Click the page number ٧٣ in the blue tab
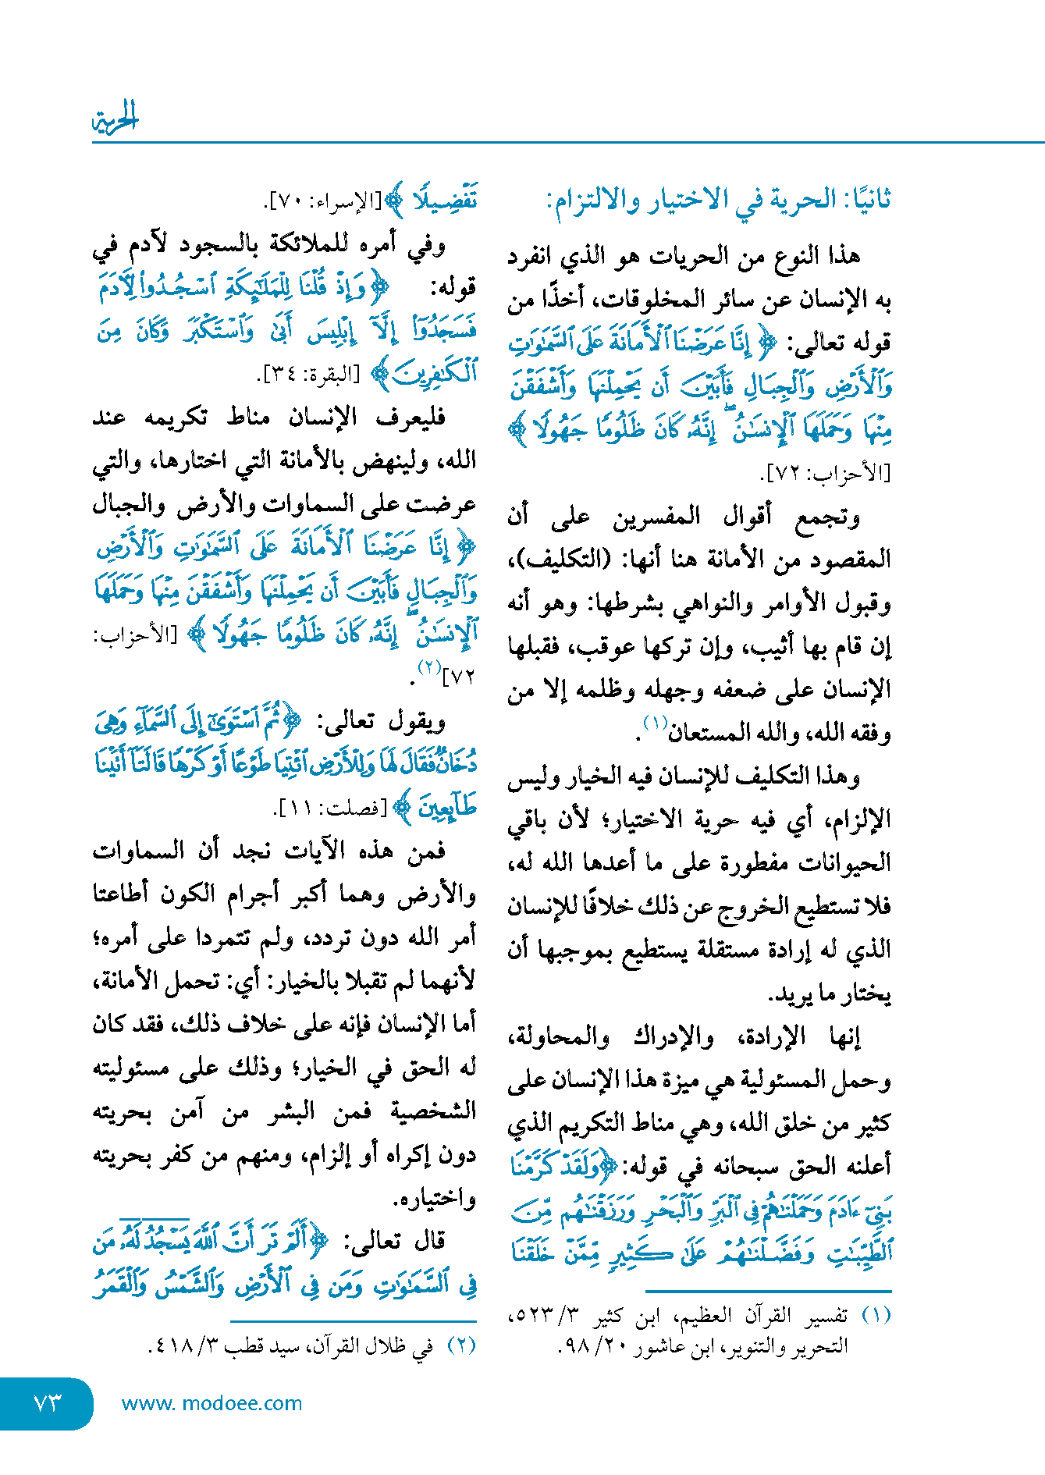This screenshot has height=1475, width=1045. pyautogui.click(x=48, y=1402)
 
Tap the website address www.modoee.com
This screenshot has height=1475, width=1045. pyautogui.click(x=211, y=1403)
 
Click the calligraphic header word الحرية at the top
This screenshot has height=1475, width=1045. pyautogui.click(x=115, y=119)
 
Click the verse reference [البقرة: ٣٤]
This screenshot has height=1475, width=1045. pyautogui.click(x=308, y=375)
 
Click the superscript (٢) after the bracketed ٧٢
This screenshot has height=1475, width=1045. pyautogui.click(x=428, y=668)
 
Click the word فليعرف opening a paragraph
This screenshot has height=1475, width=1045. pyautogui.click(x=411, y=418)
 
